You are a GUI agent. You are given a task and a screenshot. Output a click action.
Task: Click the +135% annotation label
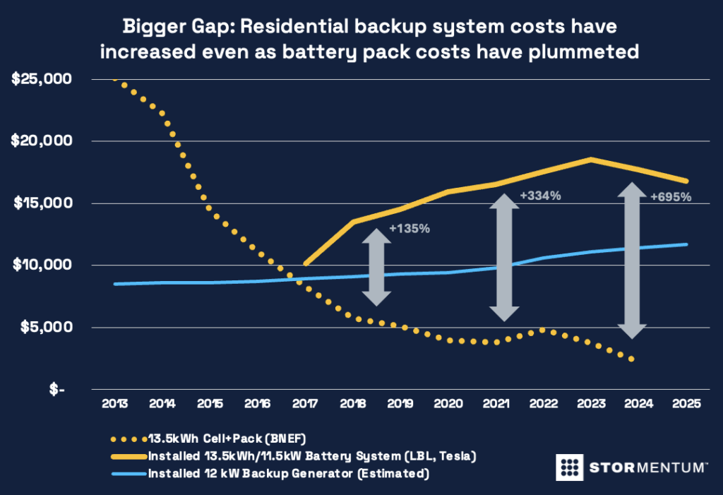[410, 229]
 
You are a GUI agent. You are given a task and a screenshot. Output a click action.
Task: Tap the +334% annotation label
[540, 196]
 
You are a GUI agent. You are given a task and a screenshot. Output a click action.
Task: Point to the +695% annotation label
[671, 196]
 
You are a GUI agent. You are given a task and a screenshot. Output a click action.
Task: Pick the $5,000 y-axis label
[44, 328]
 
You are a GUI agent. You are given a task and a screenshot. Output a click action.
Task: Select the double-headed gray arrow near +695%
[633, 261]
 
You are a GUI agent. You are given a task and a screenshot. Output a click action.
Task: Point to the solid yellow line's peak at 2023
[592, 160]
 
